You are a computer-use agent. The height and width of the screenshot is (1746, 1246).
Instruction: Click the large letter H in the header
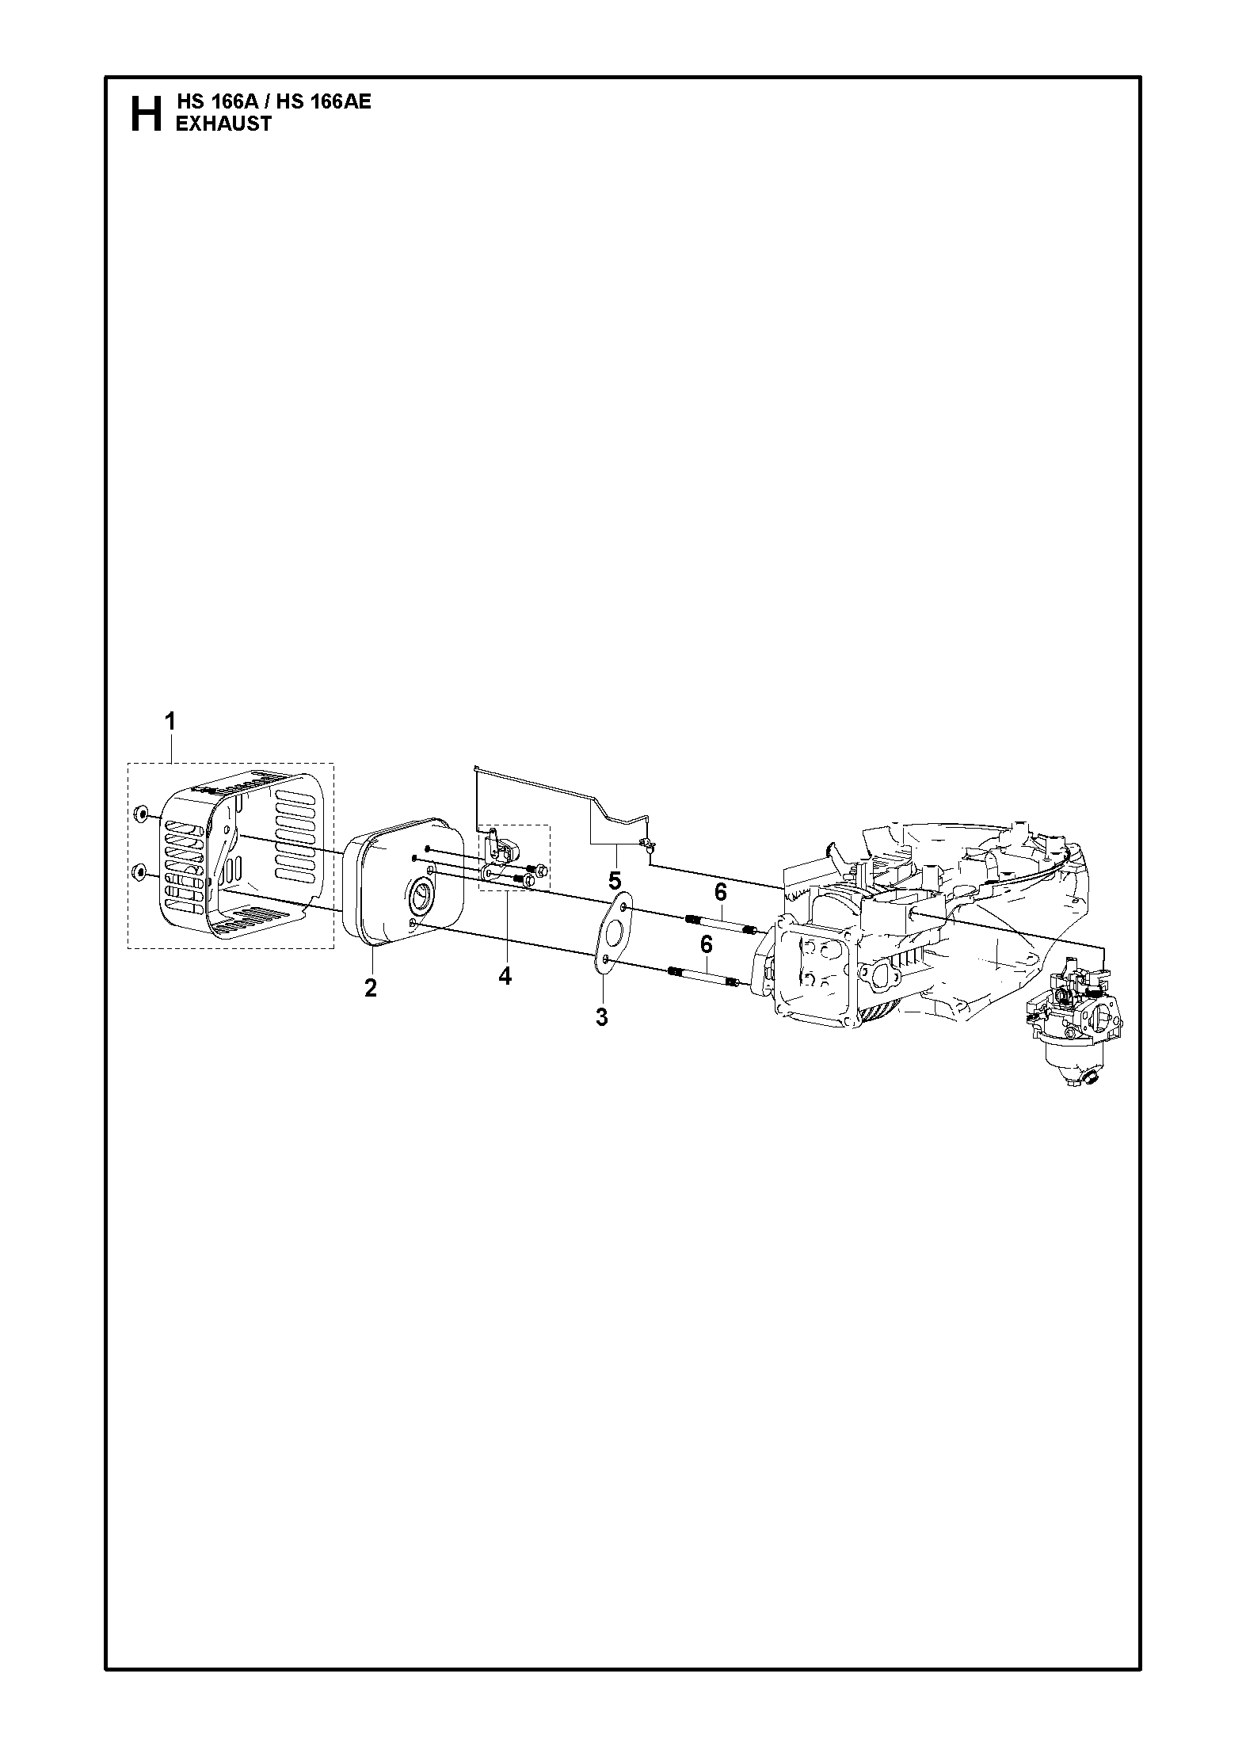point(144,113)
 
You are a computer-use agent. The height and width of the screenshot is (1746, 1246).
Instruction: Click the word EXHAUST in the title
point(223,124)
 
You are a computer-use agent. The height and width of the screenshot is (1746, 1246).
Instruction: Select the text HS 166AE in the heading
point(324,102)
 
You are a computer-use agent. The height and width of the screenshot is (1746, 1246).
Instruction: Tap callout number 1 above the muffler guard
point(170,722)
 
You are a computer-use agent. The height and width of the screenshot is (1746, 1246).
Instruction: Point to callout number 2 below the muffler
point(370,988)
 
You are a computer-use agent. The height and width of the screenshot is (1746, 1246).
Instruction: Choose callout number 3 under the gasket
point(601,1017)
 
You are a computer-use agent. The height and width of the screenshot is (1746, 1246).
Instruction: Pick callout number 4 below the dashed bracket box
point(505,977)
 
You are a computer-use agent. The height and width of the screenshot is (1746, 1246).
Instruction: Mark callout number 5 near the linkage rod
point(615,880)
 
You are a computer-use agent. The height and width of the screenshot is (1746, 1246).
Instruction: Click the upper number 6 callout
point(720,893)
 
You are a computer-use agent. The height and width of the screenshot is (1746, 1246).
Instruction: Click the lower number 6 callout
point(706,945)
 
